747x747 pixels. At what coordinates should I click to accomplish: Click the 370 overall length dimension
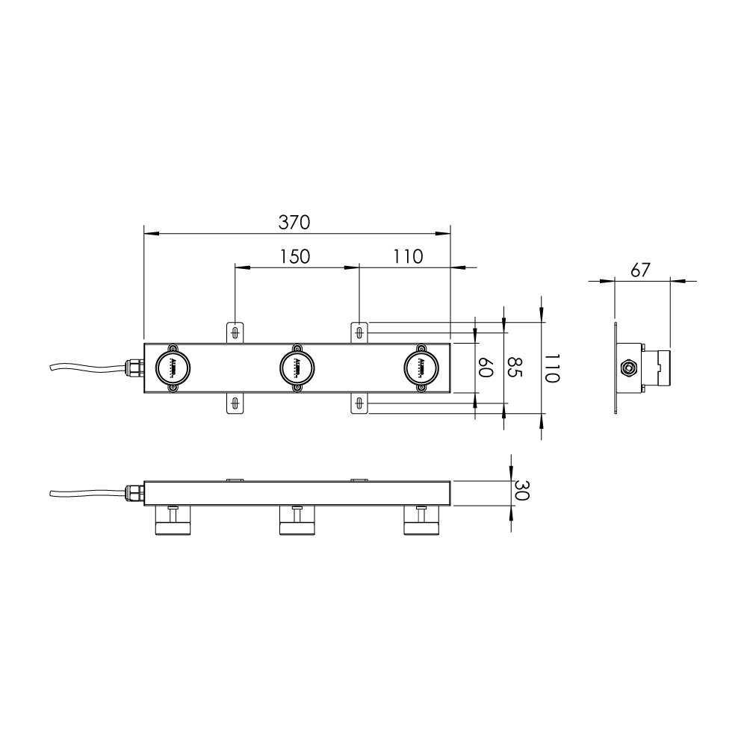click(x=294, y=222)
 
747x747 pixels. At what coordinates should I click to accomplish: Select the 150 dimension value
click(x=295, y=256)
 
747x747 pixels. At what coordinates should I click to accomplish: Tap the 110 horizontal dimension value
click(x=408, y=256)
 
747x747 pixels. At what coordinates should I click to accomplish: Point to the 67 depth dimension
click(x=640, y=270)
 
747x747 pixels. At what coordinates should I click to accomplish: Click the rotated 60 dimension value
click(x=485, y=368)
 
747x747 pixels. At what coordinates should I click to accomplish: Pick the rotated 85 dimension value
click(x=514, y=368)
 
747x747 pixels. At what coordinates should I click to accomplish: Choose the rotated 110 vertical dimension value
click(x=551, y=368)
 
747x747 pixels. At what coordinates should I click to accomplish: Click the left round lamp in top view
click(x=173, y=368)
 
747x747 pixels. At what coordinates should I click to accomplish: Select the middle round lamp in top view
click(x=297, y=368)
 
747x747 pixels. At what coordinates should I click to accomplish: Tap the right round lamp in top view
click(x=422, y=368)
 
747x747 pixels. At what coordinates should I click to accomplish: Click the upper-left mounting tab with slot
click(x=235, y=332)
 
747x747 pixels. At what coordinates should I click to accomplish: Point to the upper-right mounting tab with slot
click(x=360, y=332)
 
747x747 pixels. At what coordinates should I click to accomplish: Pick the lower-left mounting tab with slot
click(x=235, y=403)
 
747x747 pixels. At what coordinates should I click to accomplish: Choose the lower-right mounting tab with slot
click(x=360, y=403)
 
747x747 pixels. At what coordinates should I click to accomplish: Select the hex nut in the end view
click(x=628, y=368)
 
